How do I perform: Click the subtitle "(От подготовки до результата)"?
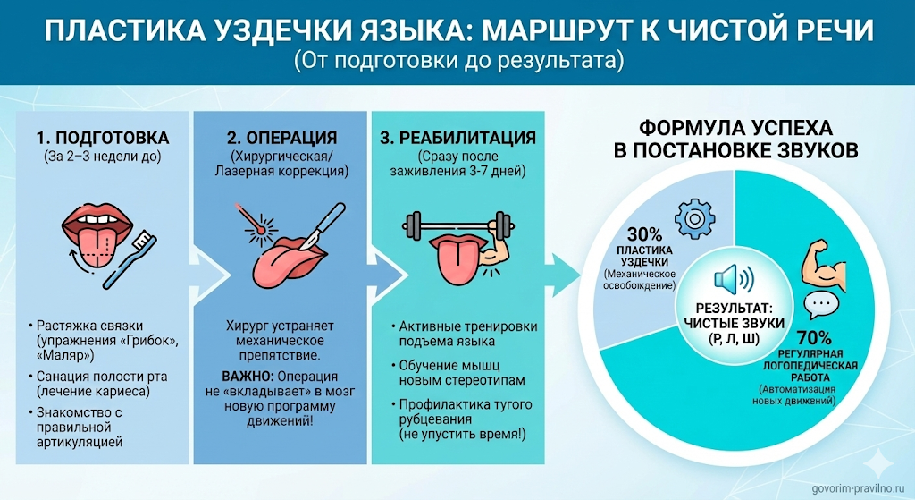[457, 63]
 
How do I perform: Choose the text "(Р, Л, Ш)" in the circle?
[731, 338]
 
